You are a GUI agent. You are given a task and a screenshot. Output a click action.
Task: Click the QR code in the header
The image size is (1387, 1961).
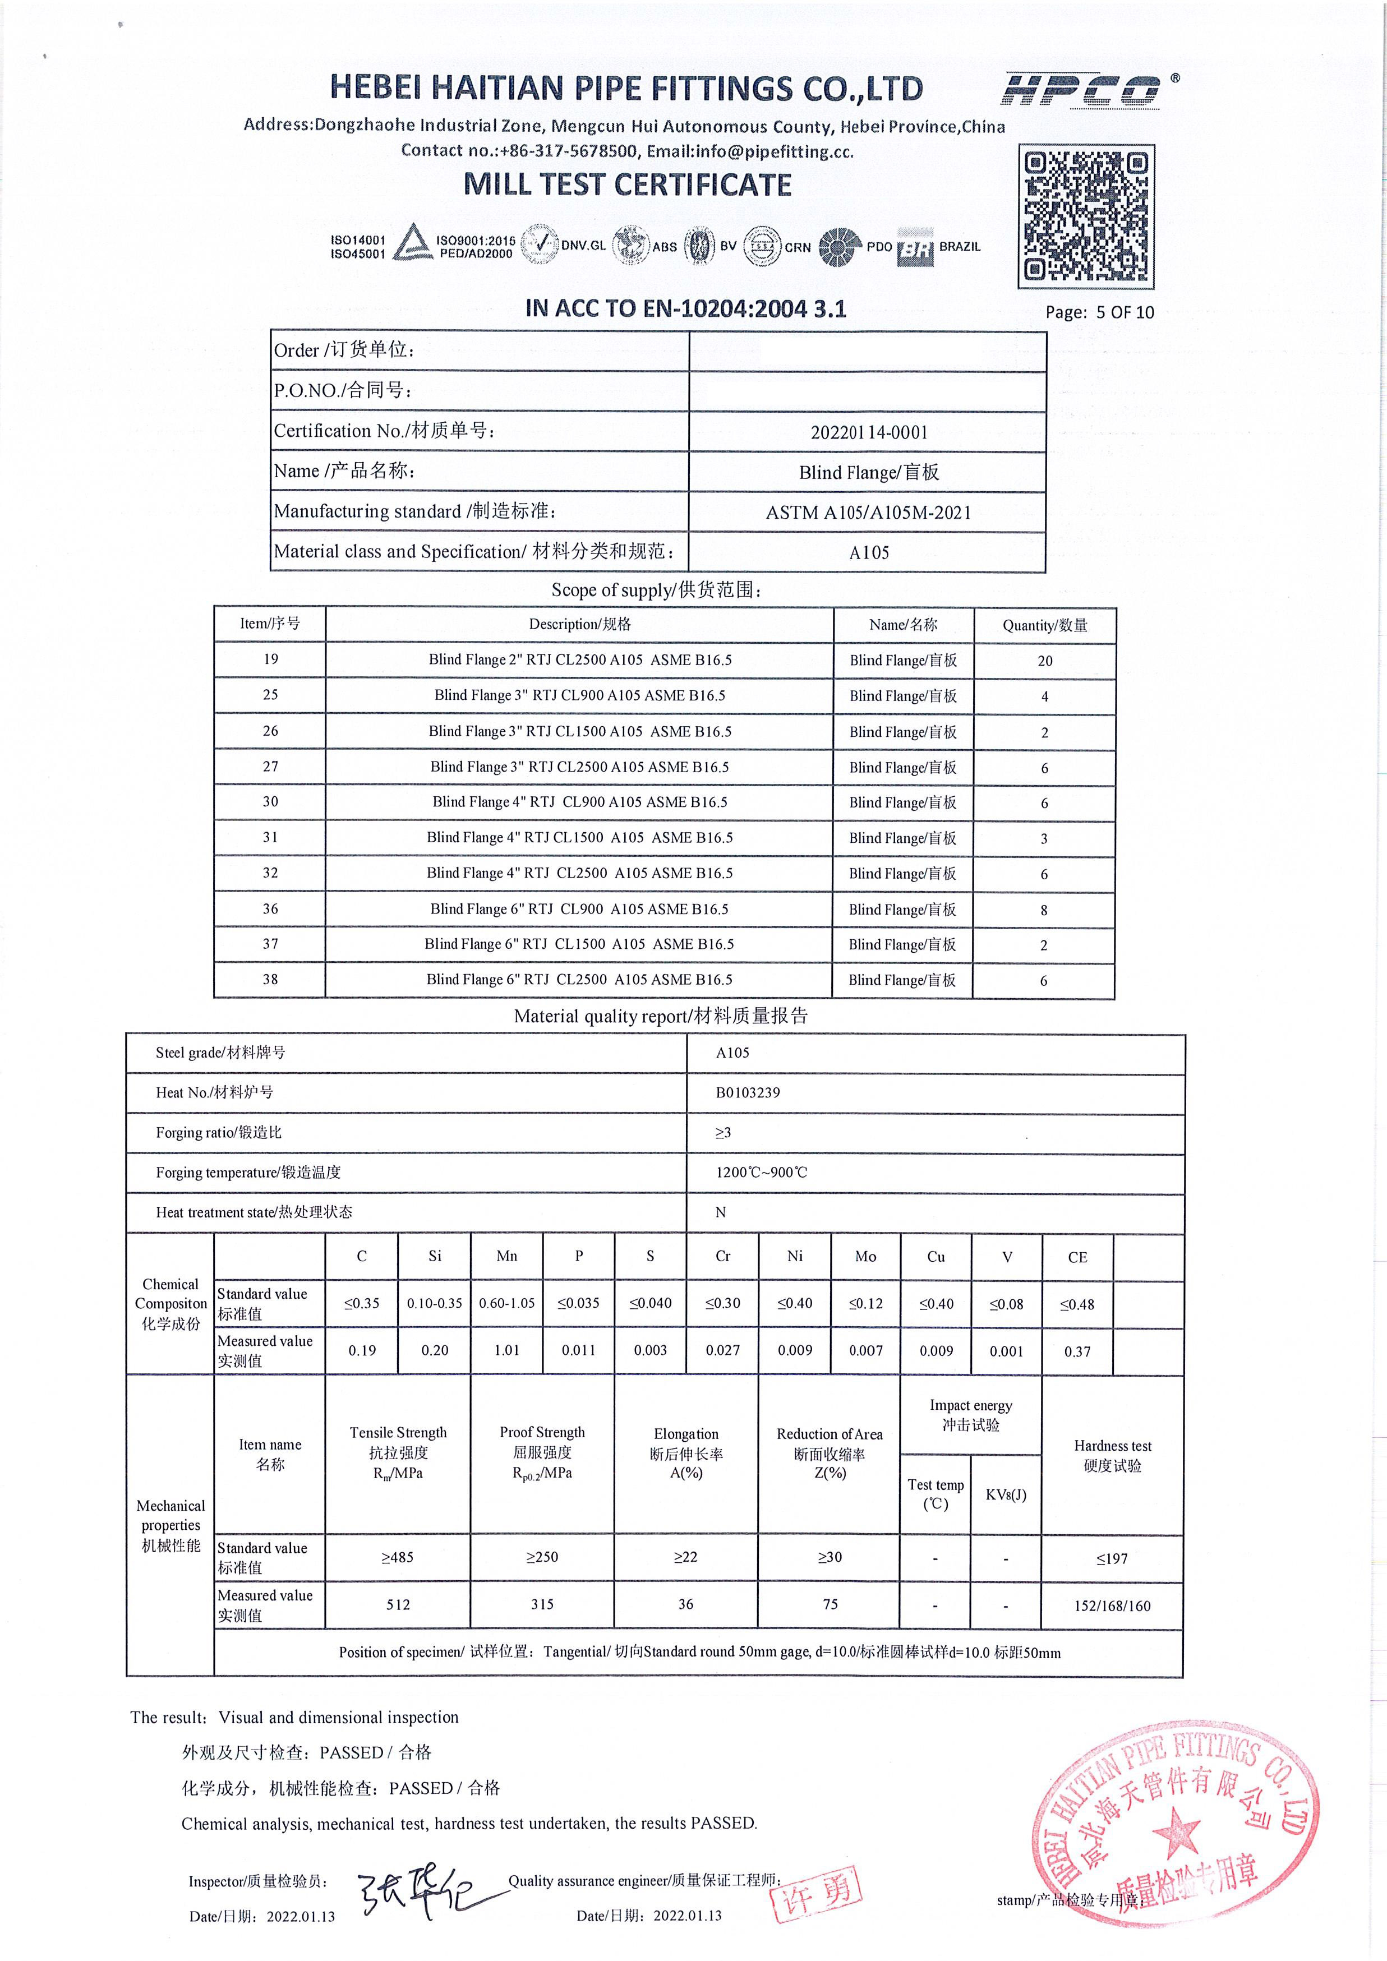[1085, 217]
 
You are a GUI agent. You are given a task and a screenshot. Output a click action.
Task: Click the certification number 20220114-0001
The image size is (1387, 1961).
[869, 432]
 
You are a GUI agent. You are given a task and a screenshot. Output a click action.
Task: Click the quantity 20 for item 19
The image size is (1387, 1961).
[1044, 660]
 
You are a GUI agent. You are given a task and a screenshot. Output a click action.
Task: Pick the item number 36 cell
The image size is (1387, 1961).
[270, 909]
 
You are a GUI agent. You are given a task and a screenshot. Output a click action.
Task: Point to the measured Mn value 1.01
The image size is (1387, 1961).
[506, 1350]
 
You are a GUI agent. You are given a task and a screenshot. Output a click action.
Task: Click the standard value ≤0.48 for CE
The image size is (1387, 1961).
[1077, 1304]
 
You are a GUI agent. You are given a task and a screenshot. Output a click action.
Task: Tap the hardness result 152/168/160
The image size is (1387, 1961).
[1112, 1605]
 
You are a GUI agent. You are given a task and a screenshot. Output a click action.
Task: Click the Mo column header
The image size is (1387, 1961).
[865, 1256]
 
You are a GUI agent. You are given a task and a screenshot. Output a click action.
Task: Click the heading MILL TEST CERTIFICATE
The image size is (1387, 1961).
[627, 184]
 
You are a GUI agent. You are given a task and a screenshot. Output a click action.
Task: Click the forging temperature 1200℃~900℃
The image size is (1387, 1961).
[761, 1173]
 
